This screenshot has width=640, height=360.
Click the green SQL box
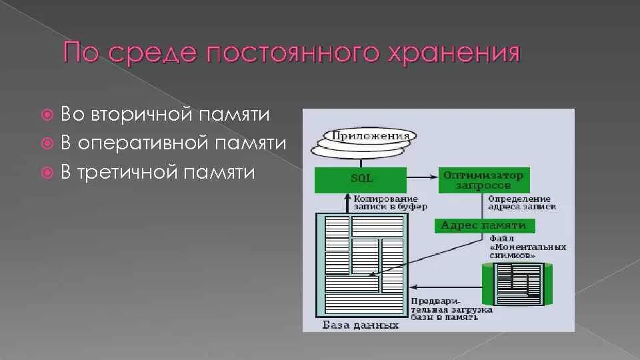pyautogui.click(x=360, y=179)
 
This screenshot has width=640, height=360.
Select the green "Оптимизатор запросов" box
pyautogui.click(x=483, y=180)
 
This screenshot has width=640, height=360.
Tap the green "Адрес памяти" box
pyautogui.click(x=483, y=225)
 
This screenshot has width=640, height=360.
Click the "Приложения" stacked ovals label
pyautogui.click(x=366, y=137)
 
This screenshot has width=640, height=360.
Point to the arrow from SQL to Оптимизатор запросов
pyautogui.click(x=422, y=177)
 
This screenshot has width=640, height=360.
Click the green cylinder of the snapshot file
pyautogui.click(x=517, y=283)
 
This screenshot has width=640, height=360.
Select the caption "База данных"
pyautogui.click(x=360, y=325)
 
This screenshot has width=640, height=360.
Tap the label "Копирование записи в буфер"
pyautogui.click(x=386, y=203)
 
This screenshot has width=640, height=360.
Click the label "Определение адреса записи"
pyautogui.click(x=522, y=203)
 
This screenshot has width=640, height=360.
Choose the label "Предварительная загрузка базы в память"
pyautogui.click(x=452, y=309)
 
